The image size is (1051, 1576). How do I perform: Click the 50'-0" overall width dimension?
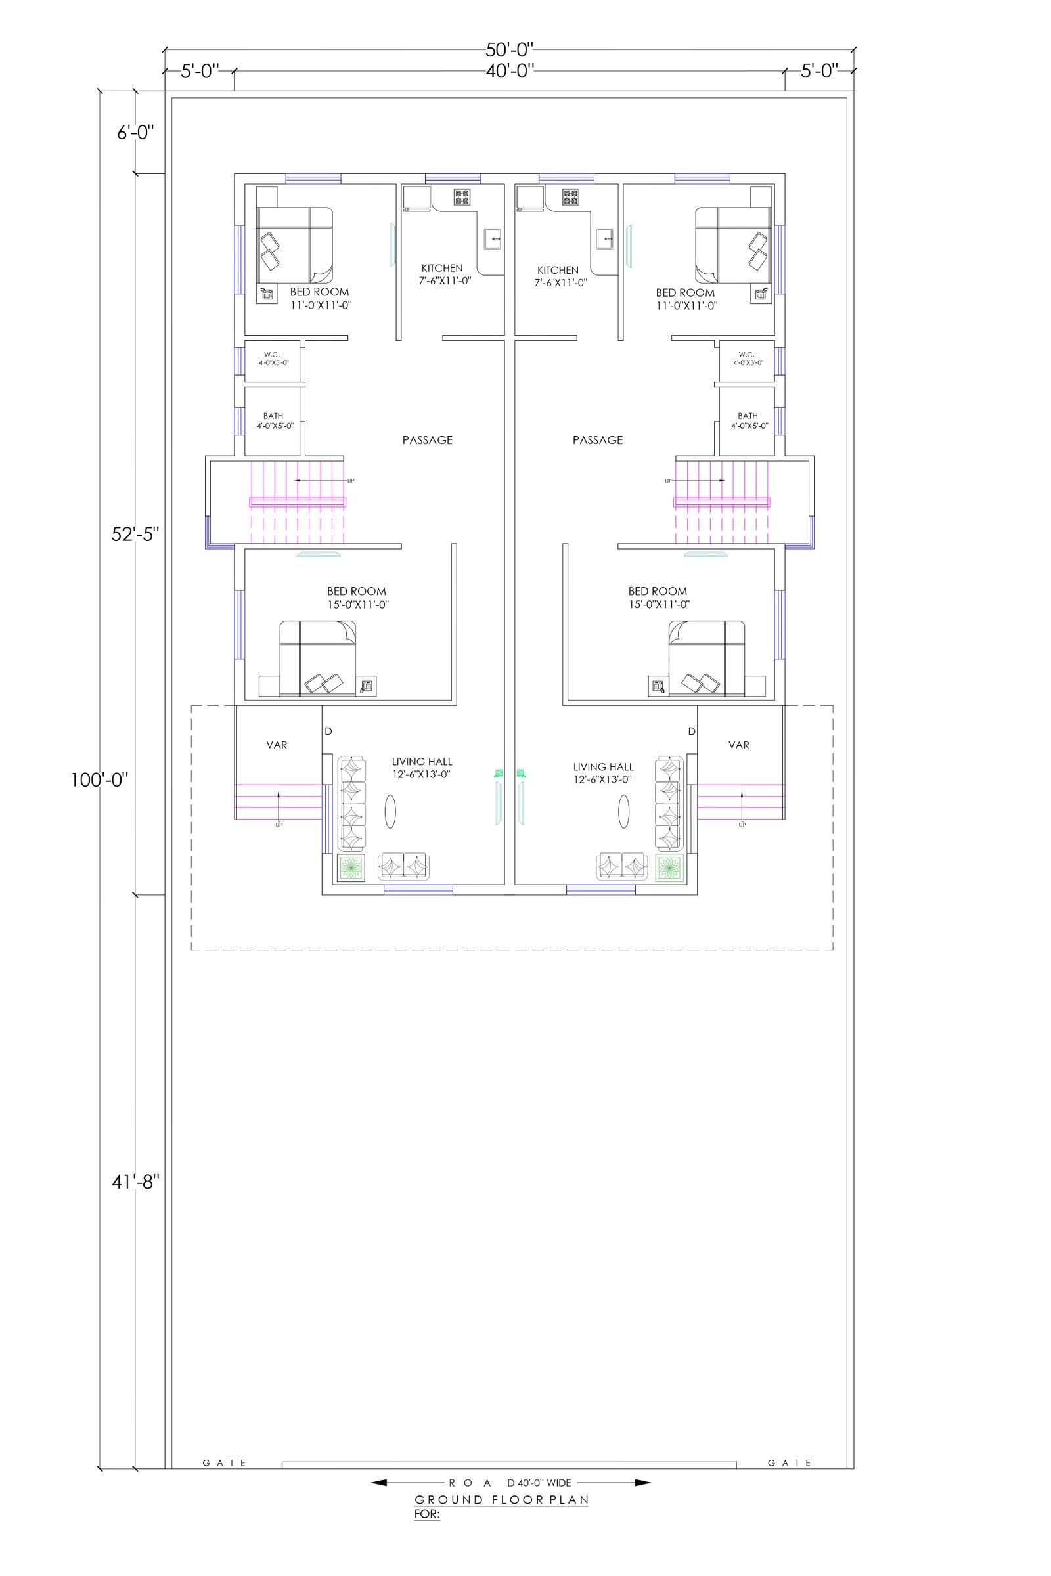click(x=510, y=50)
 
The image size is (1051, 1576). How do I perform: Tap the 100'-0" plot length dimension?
click(x=99, y=780)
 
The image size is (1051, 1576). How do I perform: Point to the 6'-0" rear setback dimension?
click(x=135, y=133)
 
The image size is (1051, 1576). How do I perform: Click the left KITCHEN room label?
click(x=441, y=268)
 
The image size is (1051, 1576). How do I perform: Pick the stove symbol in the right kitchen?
click(x=570, y=197)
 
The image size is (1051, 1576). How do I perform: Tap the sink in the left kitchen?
click(x=493, y=238)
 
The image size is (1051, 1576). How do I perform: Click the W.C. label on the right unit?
click(x=746, y=355)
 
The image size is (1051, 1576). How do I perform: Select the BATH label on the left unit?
click(x=273, y=416)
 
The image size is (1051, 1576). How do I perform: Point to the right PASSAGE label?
click(x=597, y=440)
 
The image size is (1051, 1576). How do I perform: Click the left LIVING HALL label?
click(x=422, y=762)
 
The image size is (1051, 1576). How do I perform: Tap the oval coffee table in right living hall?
click(x=624, y=812)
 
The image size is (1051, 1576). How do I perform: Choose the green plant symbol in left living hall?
click(x=351, y=868)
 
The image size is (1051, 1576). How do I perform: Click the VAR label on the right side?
click(x=738, y=745)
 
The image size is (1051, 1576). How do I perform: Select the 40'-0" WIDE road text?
click(x=544, y=1483)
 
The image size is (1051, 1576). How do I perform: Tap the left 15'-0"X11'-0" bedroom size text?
click(x=358, y=604)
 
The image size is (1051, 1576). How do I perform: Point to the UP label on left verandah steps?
click(x=279, y=825)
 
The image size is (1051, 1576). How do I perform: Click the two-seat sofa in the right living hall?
click(x=623, y=865)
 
